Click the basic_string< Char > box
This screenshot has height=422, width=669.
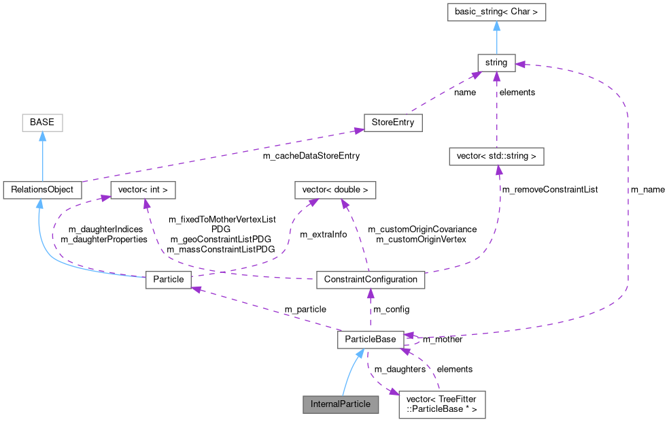(x=496, y=12)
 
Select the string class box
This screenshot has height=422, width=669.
(x=496, y=63)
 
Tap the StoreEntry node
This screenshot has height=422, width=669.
(x=393, y=123)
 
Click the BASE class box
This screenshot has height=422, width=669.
(x=42, y=123)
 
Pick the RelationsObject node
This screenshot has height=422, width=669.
(x=42, y=189)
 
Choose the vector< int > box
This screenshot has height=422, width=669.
(x=143, y=189)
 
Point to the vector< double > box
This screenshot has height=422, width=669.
(x=335, y=189)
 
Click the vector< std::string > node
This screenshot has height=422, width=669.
(x=496, y=156)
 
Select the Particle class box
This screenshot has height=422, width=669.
(x=169, y=279)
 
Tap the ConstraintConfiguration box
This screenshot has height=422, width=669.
(x=371, y=279)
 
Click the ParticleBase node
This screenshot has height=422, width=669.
(x=371, y=339)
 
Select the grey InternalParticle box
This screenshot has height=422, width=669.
(x=340, y=404)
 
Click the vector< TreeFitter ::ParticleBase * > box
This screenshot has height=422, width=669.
(x=442, y=404)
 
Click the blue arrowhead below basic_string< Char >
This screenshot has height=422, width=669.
(x=496, y=27)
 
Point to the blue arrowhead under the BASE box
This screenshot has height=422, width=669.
(x=42, y=137)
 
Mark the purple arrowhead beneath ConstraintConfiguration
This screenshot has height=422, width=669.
(x=371, y=293)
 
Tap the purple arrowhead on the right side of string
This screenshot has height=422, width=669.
(x=521, y=65)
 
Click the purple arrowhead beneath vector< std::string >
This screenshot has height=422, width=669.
(x=498, y=170)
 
